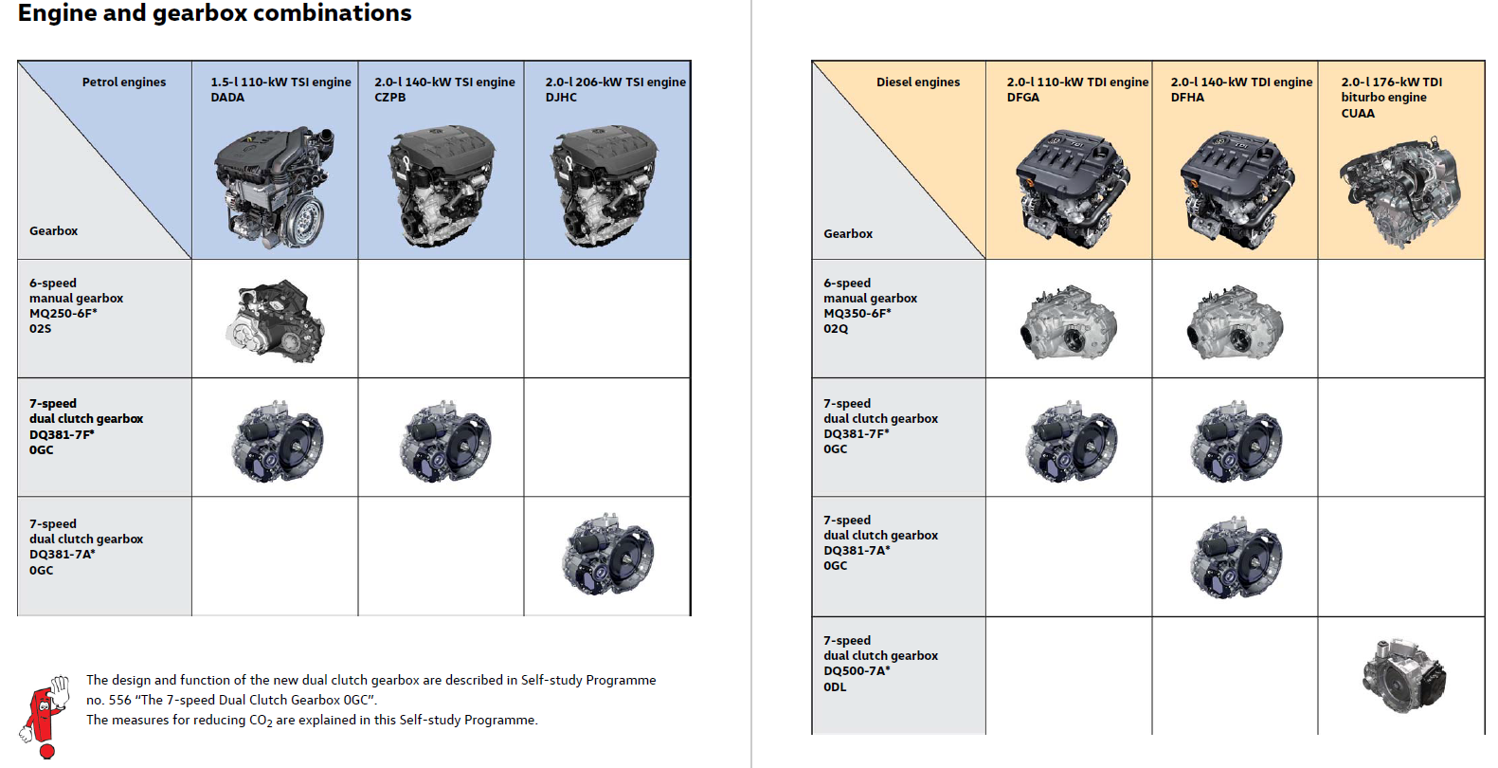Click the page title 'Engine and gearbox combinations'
(214, 13)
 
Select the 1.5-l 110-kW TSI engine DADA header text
(280, 90)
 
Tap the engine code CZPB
(389, 97)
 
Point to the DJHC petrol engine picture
(604, 186)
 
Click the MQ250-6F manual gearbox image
(275, 321)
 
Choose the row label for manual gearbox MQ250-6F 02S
(76, 305)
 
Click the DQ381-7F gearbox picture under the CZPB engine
(444, 441)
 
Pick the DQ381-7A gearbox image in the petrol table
(607, 554)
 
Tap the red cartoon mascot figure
(45, 717)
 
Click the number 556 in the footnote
(119, 700)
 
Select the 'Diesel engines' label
(918, 82)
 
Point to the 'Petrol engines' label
(124, 82)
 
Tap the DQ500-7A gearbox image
(1404, 676)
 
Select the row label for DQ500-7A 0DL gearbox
(881, 663)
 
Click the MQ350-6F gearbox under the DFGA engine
(1069, 322)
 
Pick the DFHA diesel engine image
(1237, 190)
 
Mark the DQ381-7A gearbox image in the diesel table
(1237, 558)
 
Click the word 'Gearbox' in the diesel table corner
(848, 233)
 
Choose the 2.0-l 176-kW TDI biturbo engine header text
(1392, 98)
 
